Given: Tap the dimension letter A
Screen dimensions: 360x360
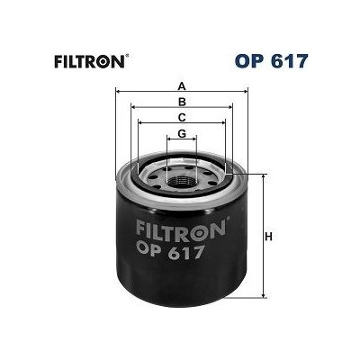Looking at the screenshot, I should tap(181, 86).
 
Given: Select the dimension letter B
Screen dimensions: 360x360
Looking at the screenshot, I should tap(181, 102).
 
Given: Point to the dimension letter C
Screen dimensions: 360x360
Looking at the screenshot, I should tap(181, 118).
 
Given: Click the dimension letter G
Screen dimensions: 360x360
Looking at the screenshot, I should tap(181, 134).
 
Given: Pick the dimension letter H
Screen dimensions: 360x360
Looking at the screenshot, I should tap(267, 238).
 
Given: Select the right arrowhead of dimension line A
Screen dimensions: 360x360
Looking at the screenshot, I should tap(244, 92).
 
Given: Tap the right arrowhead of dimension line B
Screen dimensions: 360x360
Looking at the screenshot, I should tap(230, 108).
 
